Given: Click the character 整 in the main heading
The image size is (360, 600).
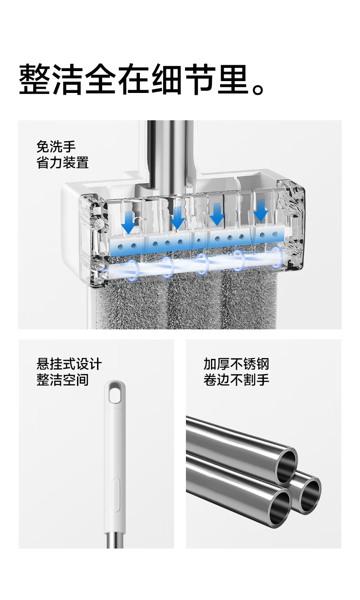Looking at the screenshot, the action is (35, 79).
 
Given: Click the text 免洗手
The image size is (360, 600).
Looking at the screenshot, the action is (56, 147).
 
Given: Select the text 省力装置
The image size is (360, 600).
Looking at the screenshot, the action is (63, 163).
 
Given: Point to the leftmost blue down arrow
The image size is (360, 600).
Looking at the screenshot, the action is (129, 222).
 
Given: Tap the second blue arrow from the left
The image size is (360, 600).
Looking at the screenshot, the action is (177, 219).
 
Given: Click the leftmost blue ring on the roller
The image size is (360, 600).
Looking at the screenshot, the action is (132, 270).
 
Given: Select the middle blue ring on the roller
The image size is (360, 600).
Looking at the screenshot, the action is (202, 264).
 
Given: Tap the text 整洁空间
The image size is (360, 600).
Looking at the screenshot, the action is (63, 380).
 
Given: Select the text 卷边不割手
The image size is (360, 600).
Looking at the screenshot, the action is (236, 380).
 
